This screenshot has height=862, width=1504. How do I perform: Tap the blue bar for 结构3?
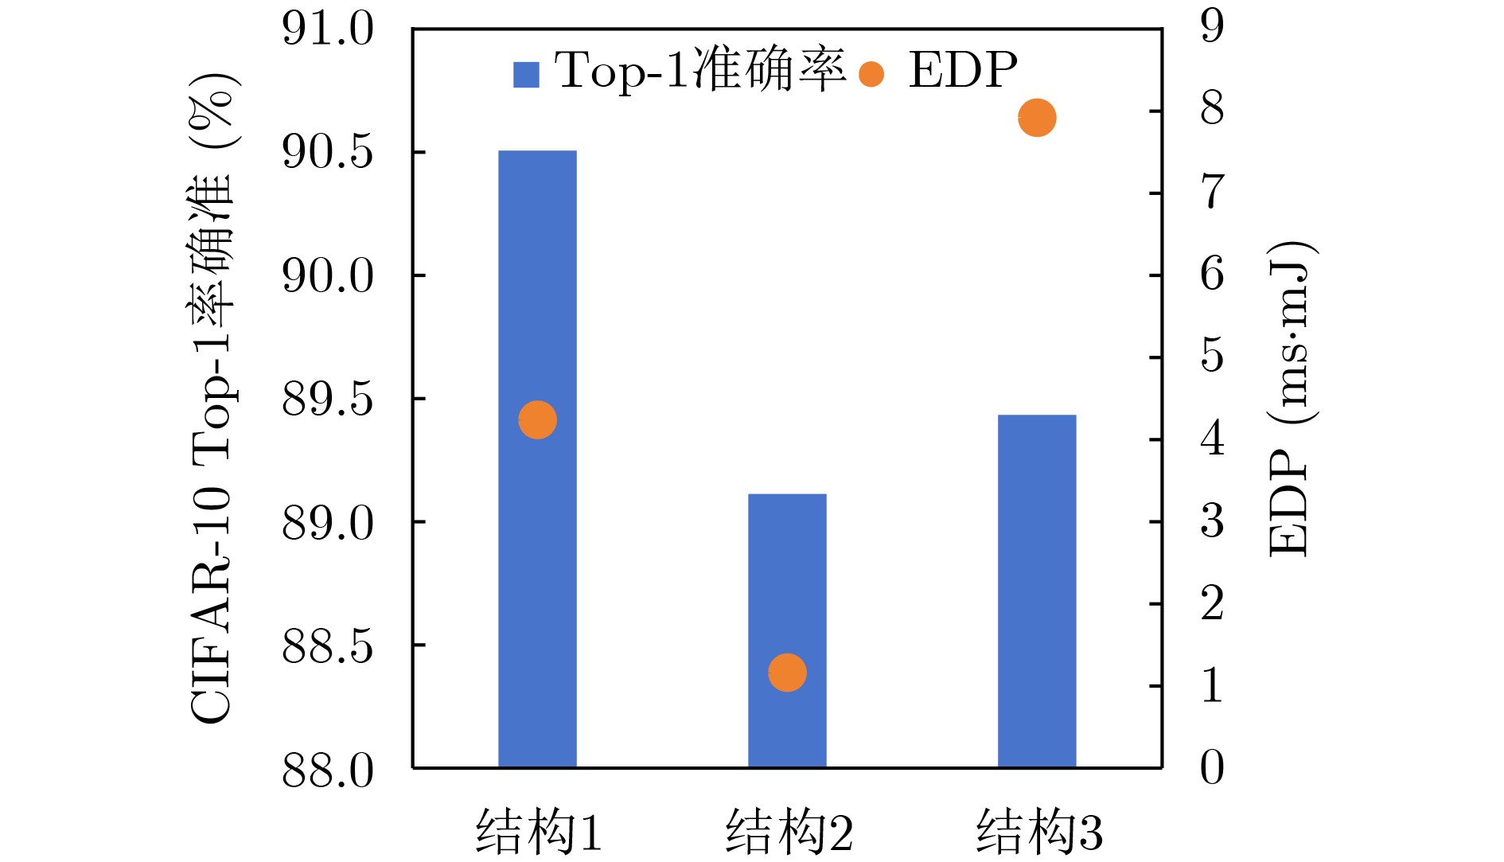1037,589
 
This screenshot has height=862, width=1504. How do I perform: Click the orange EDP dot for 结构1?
537,419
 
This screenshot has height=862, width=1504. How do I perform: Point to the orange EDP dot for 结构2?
787,673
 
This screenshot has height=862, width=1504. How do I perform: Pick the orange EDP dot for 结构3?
1037,118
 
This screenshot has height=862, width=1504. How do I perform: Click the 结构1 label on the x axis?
539,832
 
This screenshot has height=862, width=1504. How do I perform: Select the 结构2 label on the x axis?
789,832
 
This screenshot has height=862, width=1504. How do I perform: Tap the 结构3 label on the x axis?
1039,832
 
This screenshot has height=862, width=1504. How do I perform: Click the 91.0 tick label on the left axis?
328,29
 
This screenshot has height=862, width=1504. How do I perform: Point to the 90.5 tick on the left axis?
328,152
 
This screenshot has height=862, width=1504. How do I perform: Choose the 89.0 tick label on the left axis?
328,523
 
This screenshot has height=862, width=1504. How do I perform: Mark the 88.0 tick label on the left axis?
328,770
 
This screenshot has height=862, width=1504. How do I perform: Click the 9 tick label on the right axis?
1212,26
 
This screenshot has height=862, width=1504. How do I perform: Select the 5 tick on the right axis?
1212,355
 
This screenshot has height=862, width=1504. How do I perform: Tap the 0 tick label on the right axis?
1212,768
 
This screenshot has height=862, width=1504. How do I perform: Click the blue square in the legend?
526,75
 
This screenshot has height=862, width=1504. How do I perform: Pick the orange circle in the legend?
871,75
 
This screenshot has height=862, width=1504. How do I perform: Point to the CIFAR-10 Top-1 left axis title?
212,398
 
